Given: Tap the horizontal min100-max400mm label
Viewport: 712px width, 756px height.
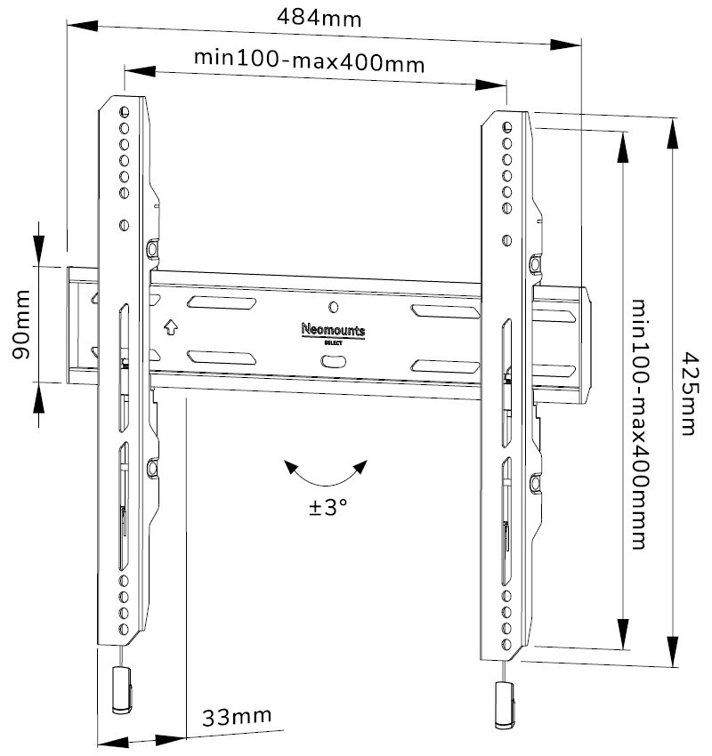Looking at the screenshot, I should [309, 61].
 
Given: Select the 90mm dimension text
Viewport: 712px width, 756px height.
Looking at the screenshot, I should [19, 324].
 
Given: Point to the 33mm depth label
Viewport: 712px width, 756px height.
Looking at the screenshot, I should [237, 717].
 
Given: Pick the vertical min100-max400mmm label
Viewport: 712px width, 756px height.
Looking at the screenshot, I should [640, 424].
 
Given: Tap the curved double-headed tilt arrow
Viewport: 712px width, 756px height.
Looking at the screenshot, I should [325, 474].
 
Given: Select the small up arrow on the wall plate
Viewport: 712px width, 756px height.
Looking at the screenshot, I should [170, 326].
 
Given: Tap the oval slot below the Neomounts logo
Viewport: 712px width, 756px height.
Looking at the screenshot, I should [333, 361].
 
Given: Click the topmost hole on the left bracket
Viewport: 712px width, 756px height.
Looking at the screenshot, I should [124, 110].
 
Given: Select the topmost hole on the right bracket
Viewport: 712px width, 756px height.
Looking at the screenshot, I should [506, 127].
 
